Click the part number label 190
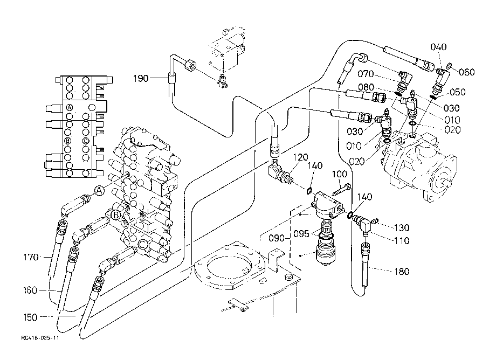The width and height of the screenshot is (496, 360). [141, 78]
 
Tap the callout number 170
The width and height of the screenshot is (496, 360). [31, 257]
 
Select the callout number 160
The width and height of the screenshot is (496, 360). [30, 290]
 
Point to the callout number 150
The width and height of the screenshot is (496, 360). [30, 317]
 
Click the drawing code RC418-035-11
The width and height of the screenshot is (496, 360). [40, 338]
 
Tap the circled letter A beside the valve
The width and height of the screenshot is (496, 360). [99, 191]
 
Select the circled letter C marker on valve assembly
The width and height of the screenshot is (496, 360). [143, 244]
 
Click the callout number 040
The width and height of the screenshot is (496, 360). [438, 47]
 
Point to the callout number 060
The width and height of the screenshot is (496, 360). [467, 72]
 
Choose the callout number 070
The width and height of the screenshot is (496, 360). [366, 74]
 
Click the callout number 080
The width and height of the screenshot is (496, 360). [366, 87]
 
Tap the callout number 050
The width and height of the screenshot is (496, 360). [458, 92]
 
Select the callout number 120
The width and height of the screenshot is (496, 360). [300, 157]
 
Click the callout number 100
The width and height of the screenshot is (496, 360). [340, 174]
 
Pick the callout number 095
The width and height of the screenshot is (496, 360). [301, 234]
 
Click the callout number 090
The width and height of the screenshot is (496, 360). [277, 238]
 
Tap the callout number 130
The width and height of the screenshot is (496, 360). [402, 227]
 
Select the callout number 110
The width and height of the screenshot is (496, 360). [402, 241]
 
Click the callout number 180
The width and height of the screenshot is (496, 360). [402, 271]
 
